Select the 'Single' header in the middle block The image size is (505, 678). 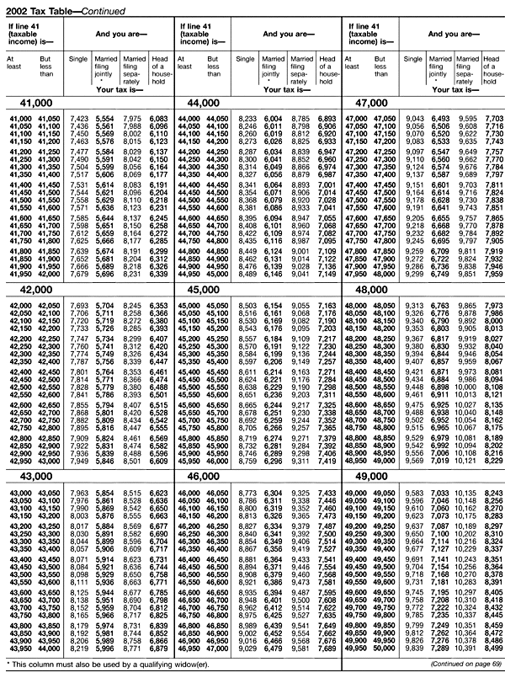click(246, 59)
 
